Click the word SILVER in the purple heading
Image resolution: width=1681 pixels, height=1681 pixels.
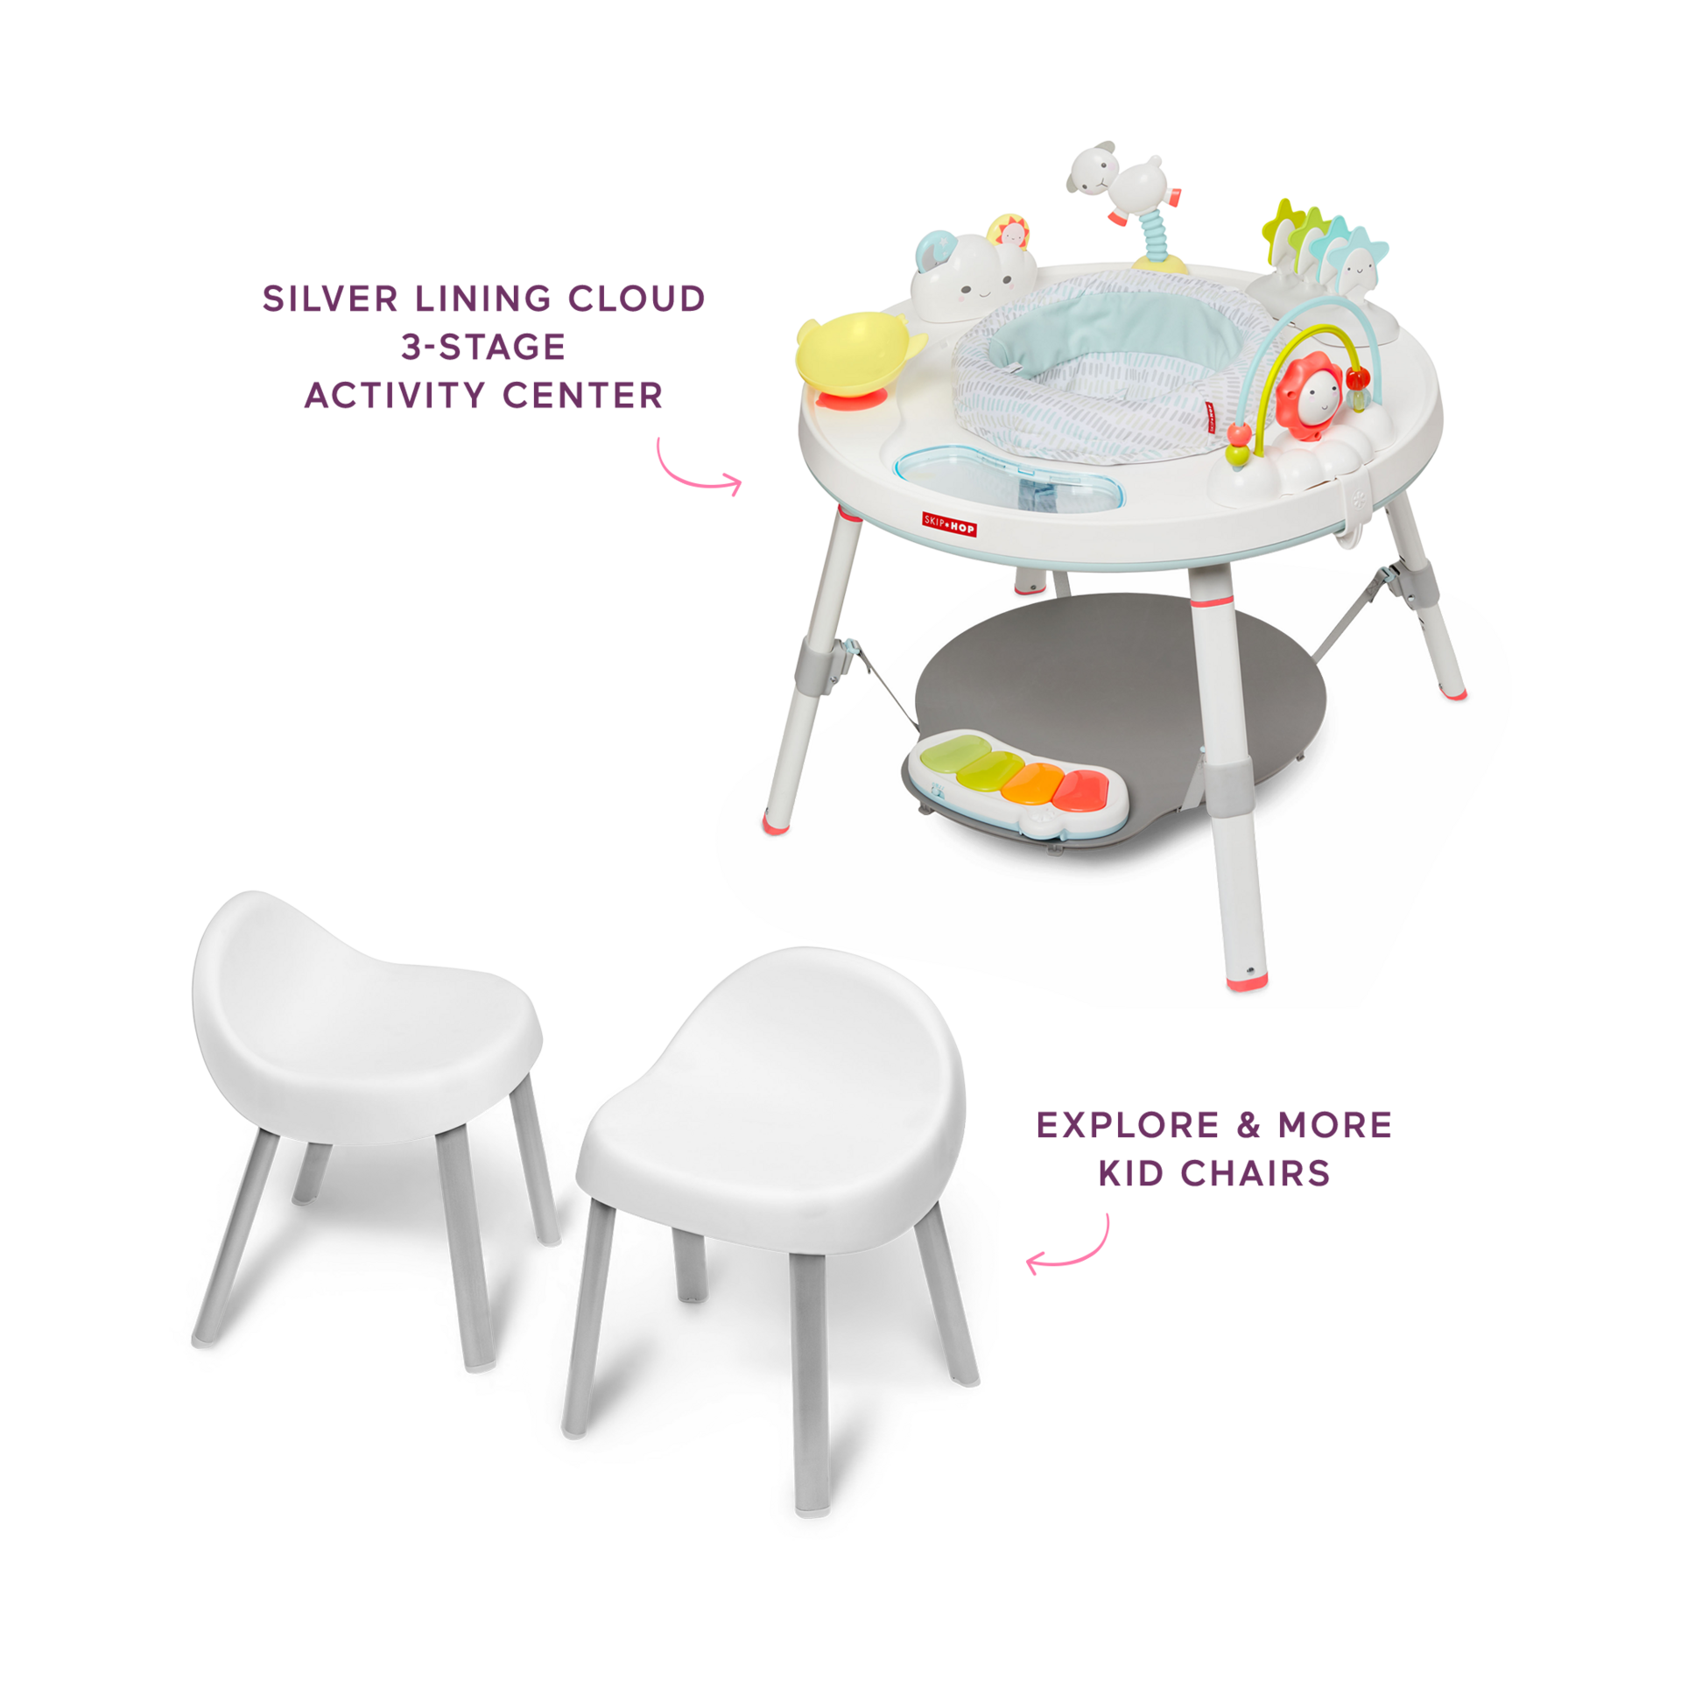click(x=330, y=299)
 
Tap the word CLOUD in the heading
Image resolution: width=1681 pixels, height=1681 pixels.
click(x=636, y=299)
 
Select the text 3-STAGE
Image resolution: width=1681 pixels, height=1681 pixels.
click(x=483, y=348)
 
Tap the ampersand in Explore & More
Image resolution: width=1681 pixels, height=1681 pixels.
click(x=1248, y=1125)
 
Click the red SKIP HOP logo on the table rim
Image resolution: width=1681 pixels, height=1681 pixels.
click(x=949, y=524)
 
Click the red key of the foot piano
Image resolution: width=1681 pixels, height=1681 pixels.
click(x=1081, y=787)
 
